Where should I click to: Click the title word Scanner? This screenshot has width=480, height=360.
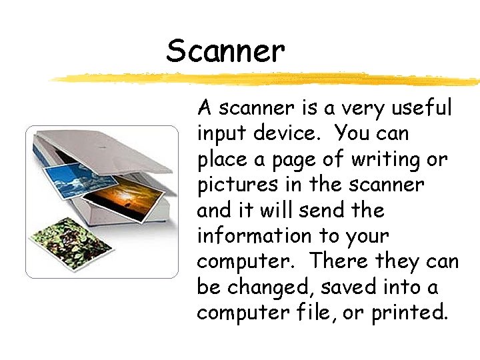225,51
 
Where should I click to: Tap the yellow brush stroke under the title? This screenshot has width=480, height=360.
267,79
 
